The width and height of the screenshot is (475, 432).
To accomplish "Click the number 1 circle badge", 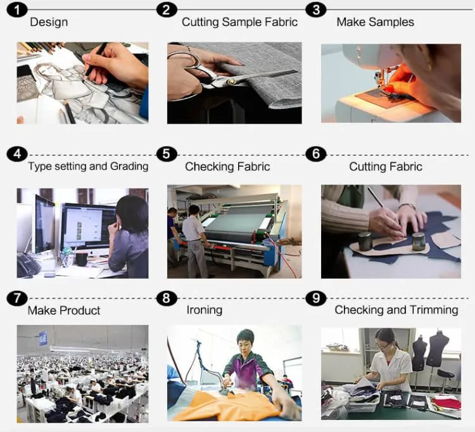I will click(17, 10).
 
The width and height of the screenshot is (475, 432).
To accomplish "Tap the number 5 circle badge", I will click(167, 154).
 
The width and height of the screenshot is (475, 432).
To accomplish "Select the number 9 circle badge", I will click(316, 298).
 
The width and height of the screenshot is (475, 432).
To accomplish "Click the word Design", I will click(49, 22).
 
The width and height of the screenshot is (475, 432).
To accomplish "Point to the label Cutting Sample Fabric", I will click(239, 22).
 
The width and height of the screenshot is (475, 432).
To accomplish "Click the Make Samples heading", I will click(375, 22).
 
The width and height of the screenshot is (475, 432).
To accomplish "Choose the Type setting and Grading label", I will click(88, 167).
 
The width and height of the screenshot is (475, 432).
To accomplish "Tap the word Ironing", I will click(204, 310).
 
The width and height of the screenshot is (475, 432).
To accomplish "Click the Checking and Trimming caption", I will click(396, 310).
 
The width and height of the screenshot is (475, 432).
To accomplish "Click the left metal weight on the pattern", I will click(365, 241).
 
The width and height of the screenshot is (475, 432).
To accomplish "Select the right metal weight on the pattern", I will click(417, 241).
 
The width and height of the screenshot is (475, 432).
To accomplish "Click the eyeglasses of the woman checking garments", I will click(384, 345).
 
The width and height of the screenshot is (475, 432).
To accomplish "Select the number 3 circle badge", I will click(316, 10).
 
